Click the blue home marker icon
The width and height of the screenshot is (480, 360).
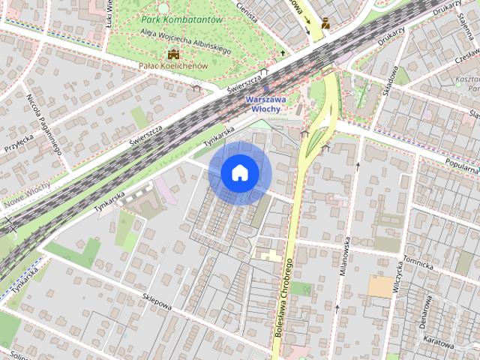(x=239, y=173)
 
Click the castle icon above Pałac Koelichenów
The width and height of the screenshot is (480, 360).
(x=174, y=54)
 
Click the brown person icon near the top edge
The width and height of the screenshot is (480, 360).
(x=325, y=23)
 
